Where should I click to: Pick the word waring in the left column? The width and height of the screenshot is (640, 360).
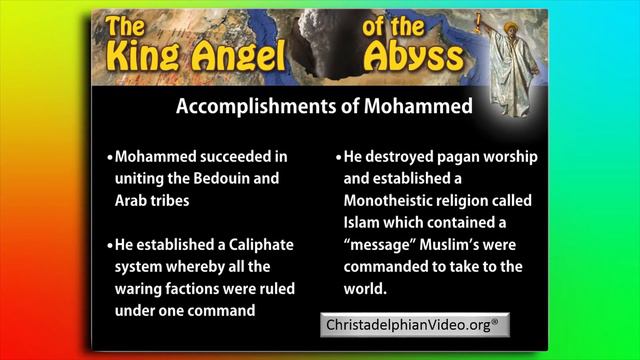pyautogui.click(x=141, y=288)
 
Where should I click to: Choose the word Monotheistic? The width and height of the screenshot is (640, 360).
pyautogui.click(x=393, y=201)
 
